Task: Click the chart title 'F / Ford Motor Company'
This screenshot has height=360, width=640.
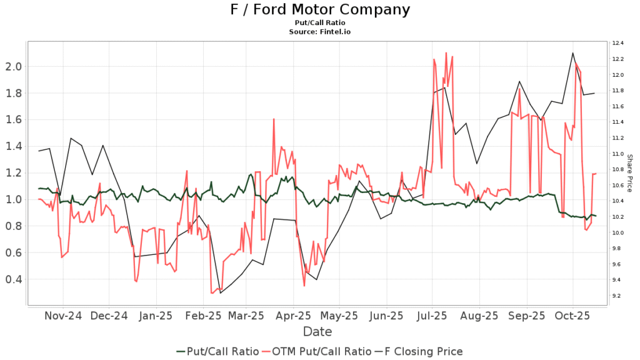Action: [x=319, y=9]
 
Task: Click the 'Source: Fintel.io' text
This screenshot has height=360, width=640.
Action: [x=319, y=31]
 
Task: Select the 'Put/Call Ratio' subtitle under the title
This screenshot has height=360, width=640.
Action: [x=319, y=22]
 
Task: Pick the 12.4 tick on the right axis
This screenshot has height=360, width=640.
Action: [x=617, y=43]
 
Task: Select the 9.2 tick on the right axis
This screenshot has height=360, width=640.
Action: [x=617, y=296]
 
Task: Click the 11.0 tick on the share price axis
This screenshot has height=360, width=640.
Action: [x=617, y=154]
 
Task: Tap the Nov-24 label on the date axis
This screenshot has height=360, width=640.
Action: [x=63, y=316]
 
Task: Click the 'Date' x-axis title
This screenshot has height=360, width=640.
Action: [x=317, y=331]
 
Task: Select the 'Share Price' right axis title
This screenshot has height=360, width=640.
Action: [x=630, y=173]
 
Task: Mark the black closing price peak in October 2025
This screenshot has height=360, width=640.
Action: [x=572, y=53]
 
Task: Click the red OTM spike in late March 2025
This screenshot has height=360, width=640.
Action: [x=274, y=119]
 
